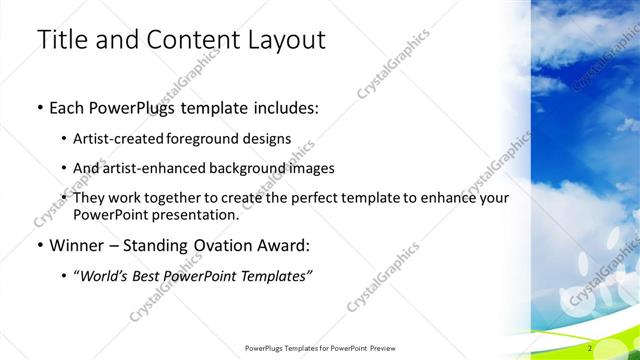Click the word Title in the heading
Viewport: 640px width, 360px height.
coord(60,40)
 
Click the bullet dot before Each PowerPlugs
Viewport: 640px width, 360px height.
coord(39,106)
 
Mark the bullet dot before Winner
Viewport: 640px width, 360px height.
coord(39,245)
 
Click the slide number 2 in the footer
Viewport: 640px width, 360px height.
coord(591,348)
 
